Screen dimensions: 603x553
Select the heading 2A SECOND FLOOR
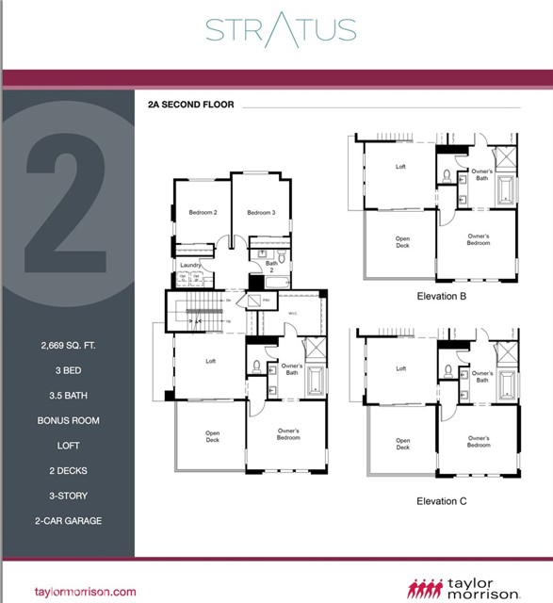190,105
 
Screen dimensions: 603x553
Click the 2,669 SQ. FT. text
68,347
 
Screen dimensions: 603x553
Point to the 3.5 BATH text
68,396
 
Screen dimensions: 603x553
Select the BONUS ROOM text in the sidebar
68,420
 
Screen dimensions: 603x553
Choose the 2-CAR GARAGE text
68,519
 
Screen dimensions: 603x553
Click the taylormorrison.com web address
86,592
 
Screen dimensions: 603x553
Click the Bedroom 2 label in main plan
203,213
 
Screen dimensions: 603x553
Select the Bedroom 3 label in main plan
261,213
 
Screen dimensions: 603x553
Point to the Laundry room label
190,267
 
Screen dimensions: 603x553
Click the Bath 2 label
271,267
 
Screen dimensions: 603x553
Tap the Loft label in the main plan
212,361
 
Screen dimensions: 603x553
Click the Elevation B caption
442,296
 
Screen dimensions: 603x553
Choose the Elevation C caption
442,501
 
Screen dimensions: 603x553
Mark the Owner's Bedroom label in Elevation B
479,239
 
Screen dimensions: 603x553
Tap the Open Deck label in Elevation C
403,444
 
